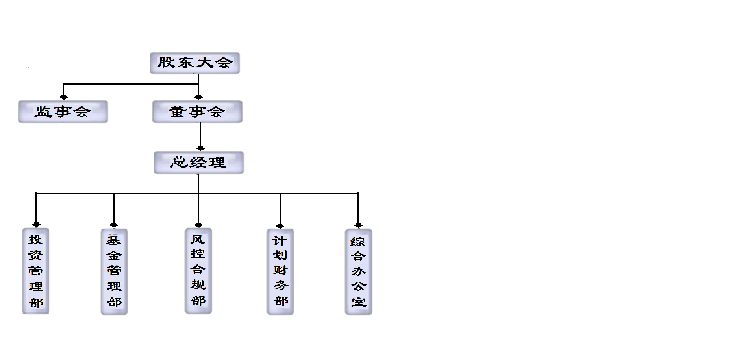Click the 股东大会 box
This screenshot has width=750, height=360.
pyautogui.click(x=195, y=63)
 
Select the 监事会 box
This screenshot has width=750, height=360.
pyautogui.click(x=63, y=111)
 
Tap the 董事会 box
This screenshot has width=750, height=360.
pyautogui.click(x=197, y=111)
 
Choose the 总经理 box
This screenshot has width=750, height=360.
pyautogui.click(x=199, y=162)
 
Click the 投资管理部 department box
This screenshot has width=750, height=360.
pyautogui.click(x=36, y=271)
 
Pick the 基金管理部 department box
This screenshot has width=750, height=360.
pyautogui.click(x=114, y=271)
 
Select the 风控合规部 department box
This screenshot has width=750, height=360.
pyautogui.click(x=198, y=271)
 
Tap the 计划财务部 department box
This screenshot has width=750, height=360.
pyautogui.click(x=280, y=271)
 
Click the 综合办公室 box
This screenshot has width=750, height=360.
pyautogui.click(x=358, y=272)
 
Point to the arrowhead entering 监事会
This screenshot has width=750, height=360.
pyautogui.click(x=64, y=97)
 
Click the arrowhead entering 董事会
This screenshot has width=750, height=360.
pyautogui.click(x=198, y=97)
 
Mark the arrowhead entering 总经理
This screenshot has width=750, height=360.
pyautogui.click(x=200, y=148)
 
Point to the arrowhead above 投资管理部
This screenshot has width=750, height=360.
pyautogui.click(x=36, y=225)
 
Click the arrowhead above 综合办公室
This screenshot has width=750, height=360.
pyautogui.click(x=358, y=225)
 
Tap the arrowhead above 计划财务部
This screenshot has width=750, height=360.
pyautogui.click(x=280, y=226)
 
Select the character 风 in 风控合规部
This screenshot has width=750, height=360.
pyautogui.click(x=198, y=239)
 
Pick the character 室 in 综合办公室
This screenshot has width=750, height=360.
pyautogui.click(x=359, y=302)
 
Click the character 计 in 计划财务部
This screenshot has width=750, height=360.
pyautogui.click(x=280, y=240)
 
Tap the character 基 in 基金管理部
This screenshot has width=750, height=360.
pyautogui.click(x=114, y=240)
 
